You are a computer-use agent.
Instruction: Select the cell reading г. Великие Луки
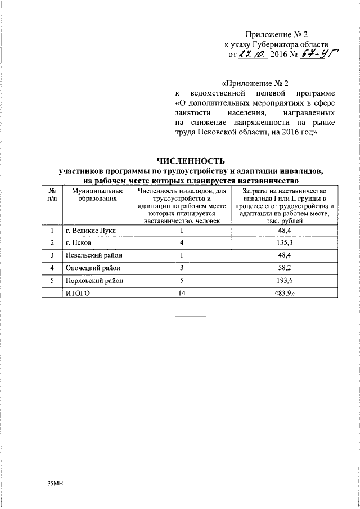click(89, 231)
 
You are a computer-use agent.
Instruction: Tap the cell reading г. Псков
click(78, 243)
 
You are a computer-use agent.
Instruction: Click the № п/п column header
click(52, 195)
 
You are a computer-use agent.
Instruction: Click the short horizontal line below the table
click(191, 317)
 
